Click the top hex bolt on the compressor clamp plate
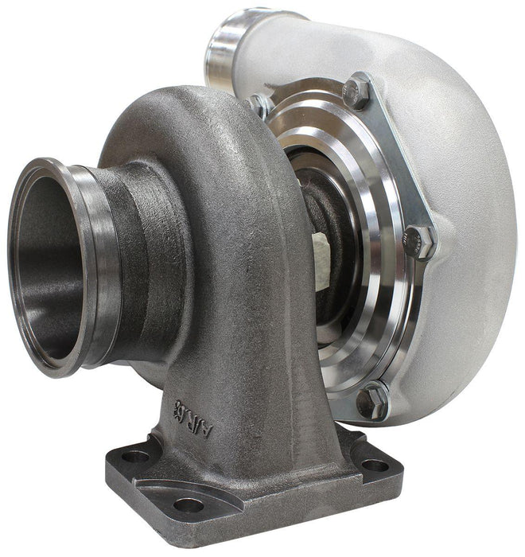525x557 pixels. (x=357, y=92)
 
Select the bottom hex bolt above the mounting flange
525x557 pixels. (x=371, y=400)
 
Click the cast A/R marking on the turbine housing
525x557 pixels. (x=196, y=407)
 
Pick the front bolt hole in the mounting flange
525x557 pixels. (x=189, y=504)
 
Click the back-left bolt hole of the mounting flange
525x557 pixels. (x=134, y=457)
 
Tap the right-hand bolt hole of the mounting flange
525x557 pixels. (x=374, y=465)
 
